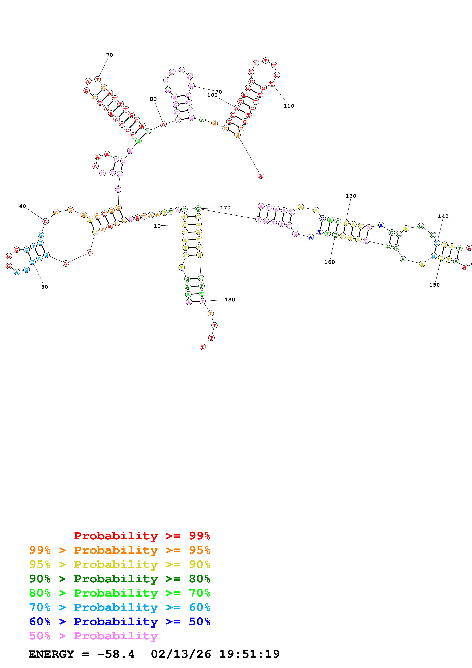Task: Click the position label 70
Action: [x=109, y=55]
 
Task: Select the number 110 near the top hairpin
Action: [x=289, y=106]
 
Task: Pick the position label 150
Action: [x=434, y=285]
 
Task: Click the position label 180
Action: [x=230, y=300]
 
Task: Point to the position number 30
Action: [x=45, y=287]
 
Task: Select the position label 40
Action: [x=23, y=206]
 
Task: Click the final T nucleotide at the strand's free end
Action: [x=203, y=347]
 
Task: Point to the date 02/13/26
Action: [x=181, y=654]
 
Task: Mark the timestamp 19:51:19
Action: [x=249, y=654]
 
